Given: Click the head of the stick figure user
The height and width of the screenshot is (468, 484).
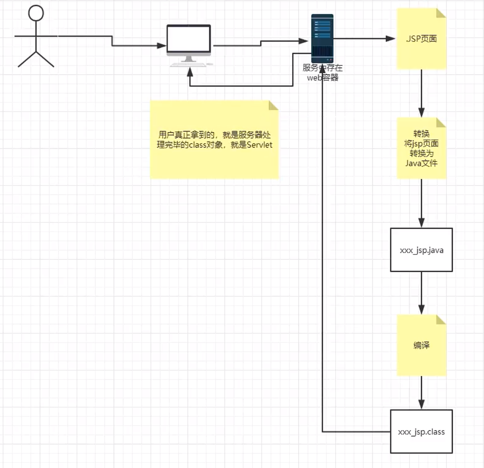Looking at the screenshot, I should point(36,13).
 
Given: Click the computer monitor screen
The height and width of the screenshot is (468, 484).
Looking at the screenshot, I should point(189,39).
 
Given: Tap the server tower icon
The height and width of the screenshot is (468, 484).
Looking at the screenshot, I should point(322,38).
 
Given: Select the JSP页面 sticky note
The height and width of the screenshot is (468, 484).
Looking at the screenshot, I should point(421,39).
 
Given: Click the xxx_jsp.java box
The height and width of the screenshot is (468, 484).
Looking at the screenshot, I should point(421,250).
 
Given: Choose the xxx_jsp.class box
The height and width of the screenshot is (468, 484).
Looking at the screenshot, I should point(421,432).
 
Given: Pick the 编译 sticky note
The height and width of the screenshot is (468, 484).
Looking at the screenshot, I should point(421,345).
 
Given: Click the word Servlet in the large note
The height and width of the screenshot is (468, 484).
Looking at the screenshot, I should point(260,145).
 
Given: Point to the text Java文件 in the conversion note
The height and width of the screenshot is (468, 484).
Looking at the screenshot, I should point(421,163).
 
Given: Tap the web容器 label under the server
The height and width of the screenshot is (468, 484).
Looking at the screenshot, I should point(323,78).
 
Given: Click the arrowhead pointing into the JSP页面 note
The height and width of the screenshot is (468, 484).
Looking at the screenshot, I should point(391,39).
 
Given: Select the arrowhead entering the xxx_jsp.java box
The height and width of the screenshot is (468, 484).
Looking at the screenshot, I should point(421,223).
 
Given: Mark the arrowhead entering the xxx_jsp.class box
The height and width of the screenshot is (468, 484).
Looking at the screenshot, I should point(421,405).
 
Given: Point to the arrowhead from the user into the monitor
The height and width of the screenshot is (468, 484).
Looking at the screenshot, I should point(162,46).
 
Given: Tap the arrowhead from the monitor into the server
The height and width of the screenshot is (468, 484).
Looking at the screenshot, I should point(304,41).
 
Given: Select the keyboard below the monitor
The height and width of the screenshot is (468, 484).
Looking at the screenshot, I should point(188,65).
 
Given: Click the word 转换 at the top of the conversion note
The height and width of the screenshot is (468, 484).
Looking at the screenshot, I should point(421,134).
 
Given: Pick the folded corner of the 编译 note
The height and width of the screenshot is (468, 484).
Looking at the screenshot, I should point(441,320).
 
